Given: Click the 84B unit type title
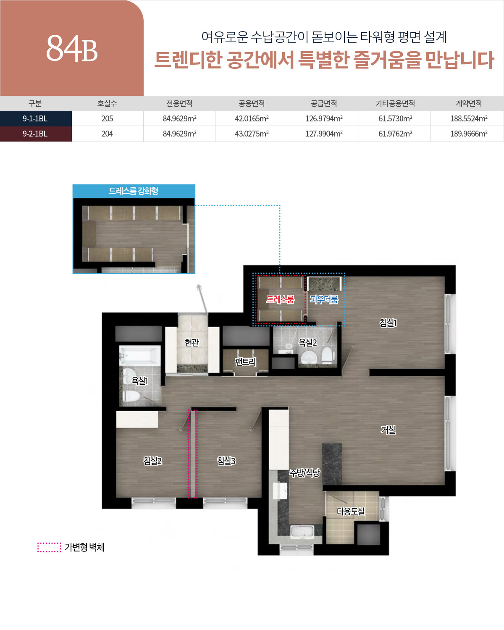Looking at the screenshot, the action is coord(72,49).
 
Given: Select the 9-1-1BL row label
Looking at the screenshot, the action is coord(35,118).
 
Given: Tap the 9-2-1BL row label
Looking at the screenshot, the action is coord(35,134).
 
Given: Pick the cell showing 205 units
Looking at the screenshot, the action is coord(107,118).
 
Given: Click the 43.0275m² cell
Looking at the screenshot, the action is coord(252,134).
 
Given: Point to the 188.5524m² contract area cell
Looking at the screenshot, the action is coord(469,118).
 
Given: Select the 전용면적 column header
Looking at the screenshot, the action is coord(179,103).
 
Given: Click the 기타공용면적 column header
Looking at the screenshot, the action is coord(395,103).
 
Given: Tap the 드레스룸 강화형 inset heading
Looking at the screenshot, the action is coord(134,191).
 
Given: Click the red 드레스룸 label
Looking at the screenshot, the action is coord(280,299).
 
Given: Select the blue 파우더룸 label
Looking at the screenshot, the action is coord(324,299).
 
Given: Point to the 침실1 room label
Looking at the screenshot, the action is coord(388,323).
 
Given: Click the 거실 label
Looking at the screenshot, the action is coord(388,430).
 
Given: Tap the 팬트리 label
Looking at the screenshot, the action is coord(245,362).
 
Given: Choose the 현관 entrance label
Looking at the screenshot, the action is coord(192,342).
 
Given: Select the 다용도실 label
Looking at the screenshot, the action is coord(351,512).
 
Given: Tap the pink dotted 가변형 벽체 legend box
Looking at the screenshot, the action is coord(49,547).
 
